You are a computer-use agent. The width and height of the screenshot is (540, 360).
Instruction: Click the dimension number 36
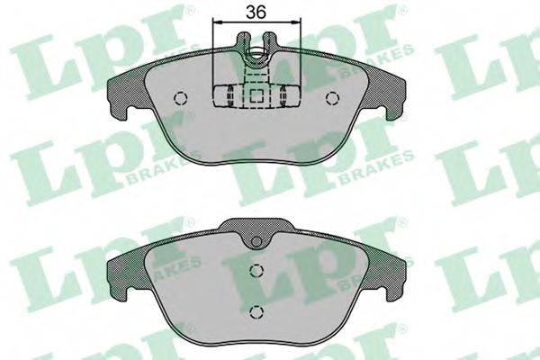pos(256,12)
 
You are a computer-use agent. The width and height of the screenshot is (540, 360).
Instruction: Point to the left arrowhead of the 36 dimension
pos(217,22)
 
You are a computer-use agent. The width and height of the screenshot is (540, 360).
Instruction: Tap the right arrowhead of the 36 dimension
pos(297,22)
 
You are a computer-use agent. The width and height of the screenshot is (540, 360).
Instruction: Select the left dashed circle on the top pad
pos(180,98)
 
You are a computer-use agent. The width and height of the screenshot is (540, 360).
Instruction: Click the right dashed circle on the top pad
pos(332,98)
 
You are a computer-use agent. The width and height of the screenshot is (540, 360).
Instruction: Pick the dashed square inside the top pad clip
pos(256,96)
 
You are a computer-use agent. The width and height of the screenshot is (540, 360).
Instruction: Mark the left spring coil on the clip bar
pos(229,95)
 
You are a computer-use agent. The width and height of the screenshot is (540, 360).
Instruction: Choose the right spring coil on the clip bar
pos(283,95)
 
